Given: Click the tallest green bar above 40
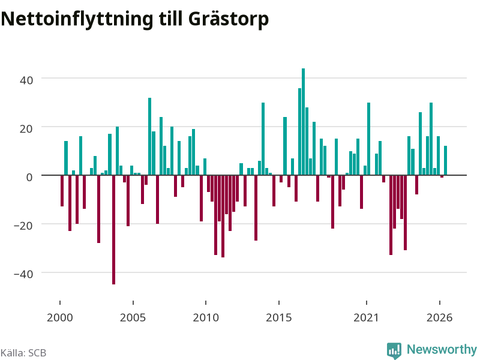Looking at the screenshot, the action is [x=303, y=122].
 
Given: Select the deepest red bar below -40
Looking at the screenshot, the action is [x=113, y=230].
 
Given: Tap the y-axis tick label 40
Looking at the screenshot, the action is [x=26, y=80].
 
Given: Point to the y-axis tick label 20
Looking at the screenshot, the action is [x=26, y=129].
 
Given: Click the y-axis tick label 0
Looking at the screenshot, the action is [x=29, y=177].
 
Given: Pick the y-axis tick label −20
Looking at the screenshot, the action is [x=23, y=226].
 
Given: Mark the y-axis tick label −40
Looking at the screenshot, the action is [x=23, y=274].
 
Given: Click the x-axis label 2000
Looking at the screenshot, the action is [x=59, y=318].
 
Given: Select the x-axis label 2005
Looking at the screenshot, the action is [x=133, y=318].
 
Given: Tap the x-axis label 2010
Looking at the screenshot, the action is [x=206, y=318].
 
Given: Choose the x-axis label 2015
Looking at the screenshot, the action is [x=278, y=318].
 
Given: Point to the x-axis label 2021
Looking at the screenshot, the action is [x=366, y=318].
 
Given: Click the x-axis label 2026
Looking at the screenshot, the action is [x=439, y=318].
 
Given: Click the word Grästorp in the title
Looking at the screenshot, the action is [x=229, y=20].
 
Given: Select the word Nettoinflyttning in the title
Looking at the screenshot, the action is [x=77, y=19].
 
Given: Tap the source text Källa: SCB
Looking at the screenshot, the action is [x=23, y=353].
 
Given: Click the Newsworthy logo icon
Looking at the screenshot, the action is [x=394, y=350].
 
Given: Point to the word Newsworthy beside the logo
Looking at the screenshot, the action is [x=442, y=349].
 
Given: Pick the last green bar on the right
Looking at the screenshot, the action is [x=445, y=160].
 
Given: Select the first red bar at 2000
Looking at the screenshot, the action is [x=62, y=191].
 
